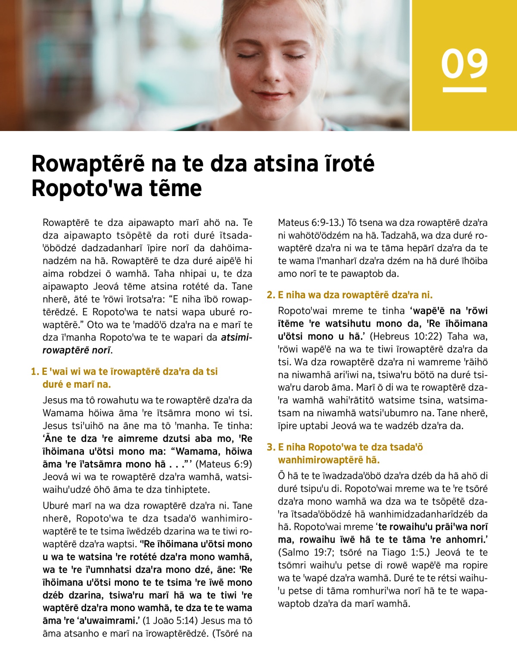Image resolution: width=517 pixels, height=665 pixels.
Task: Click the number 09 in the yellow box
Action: pyautogui.click(x=464, y=64)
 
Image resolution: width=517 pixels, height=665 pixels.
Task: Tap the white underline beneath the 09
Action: pyautogui.click(x=464, y=90)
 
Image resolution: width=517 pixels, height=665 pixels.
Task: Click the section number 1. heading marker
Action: pyautogui.click(x=34, y=372)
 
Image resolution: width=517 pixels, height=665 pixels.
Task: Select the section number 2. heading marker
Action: pyautogui.click(x=271, y=295)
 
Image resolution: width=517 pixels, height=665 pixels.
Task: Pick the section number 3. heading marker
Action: pyautogui.click(x=271, y=447)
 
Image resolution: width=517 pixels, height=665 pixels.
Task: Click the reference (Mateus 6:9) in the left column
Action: pyautogui.click(x=224, y=464)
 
